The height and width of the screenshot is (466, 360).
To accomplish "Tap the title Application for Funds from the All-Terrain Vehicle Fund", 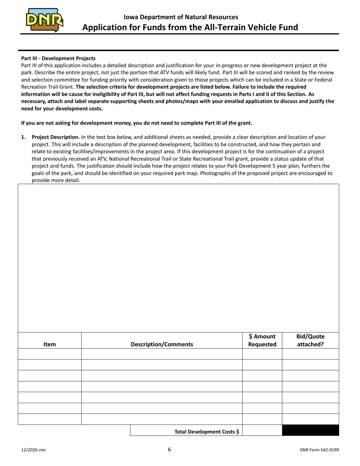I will point(190,27).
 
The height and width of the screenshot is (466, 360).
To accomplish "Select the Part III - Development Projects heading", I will point(58,58).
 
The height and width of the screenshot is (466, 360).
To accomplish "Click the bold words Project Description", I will point(56,137).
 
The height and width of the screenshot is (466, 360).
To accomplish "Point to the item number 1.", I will point(23,137).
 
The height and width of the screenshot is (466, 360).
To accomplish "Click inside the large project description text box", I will point(178,258).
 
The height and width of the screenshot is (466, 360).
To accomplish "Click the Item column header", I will point(50,344).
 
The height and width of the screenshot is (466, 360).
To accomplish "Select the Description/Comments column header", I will point(162,344).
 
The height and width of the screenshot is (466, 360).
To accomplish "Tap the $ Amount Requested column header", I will point(262,340).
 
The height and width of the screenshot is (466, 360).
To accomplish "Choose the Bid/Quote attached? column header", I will point(310,340).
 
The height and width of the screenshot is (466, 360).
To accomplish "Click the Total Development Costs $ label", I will point(207,432).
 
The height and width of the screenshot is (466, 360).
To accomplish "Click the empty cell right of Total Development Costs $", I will point(262,431).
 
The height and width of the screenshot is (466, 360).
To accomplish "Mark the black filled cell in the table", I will point(310,431).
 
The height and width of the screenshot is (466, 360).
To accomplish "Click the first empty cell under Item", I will point(50,354).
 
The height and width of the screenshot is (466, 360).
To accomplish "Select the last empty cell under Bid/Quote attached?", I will point(310,419).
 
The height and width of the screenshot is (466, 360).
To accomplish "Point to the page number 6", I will point(169,450).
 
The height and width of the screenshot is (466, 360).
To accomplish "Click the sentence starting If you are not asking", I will point(136,123).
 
